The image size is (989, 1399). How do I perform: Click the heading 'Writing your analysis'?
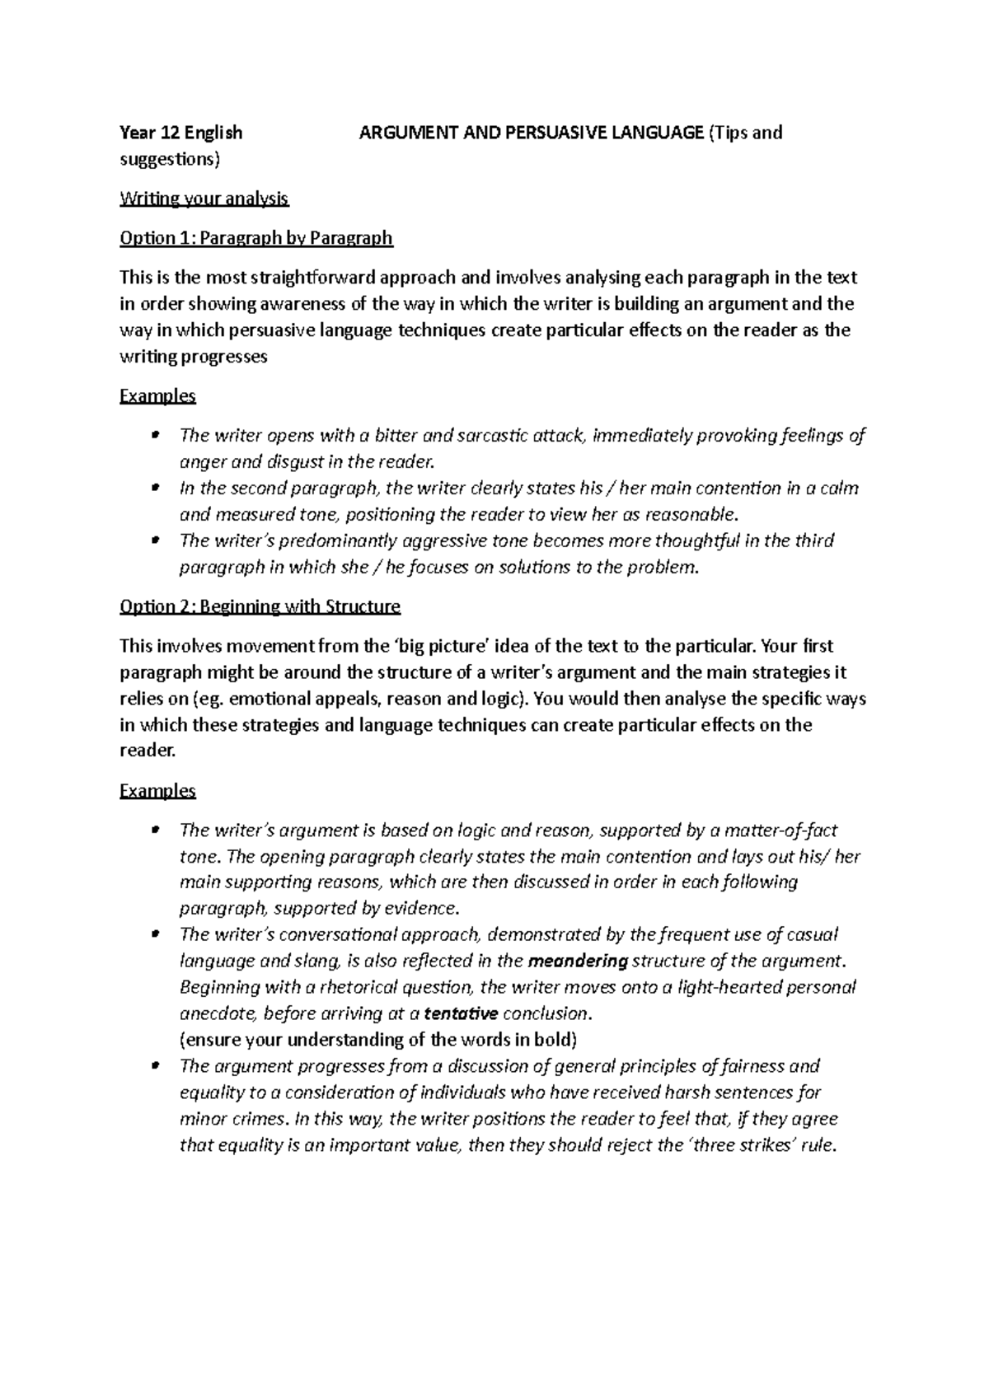tap(204, 199)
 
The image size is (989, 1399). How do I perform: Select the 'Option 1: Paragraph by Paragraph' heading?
tap(256, 238)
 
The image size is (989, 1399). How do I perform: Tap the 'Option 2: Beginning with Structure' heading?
tap(260, 607)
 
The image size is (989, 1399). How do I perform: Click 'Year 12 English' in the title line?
tap(181, 133)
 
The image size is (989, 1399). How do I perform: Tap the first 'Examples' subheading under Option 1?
tap(157, 396)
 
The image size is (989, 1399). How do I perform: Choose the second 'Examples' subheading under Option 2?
tap(157, 791)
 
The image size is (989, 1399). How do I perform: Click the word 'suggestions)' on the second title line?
tap(171, 159)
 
